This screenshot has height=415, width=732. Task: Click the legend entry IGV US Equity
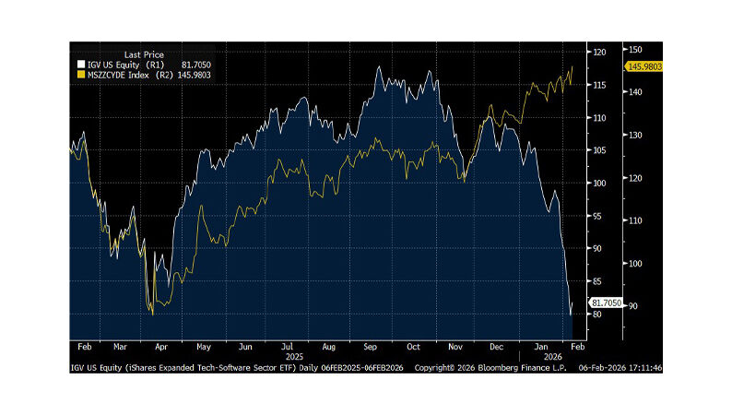pos(109,65)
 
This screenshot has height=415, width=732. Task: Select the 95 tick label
pos(600,216)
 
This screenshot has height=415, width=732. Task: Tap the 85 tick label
pos(600,281)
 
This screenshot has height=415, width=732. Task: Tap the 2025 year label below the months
pos(294,356)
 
